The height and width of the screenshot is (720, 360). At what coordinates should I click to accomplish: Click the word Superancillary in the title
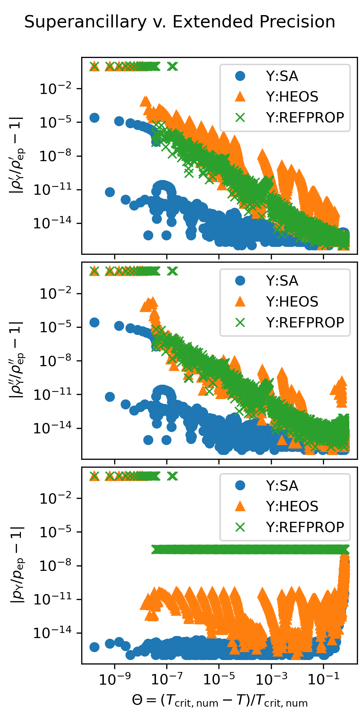pos(85,22)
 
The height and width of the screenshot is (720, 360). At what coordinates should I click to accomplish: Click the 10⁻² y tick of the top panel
pos(56,89)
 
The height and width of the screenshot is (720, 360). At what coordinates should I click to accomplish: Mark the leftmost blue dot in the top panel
pos(94,118)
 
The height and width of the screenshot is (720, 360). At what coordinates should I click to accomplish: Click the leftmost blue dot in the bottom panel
pos(94,647)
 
